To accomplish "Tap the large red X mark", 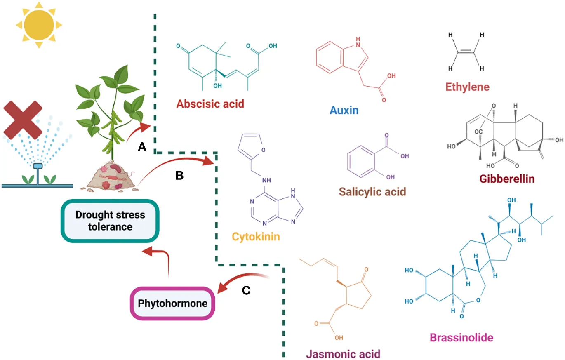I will coord(23,120).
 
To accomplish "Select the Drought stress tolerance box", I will coord(110,221).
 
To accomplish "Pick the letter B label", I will coord(180,175).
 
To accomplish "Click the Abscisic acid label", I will coord(210,103).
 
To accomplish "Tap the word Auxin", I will coord(344,110).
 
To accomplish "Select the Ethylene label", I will coord(467,87).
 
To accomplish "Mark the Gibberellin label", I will coord(507,179).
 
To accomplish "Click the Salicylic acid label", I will coord(372,191).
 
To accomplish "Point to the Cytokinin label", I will coord(256,237).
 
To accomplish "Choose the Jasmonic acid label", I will coord(343,354).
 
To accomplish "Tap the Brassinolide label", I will coord(461,338).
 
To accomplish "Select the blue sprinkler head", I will coord(38,167).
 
